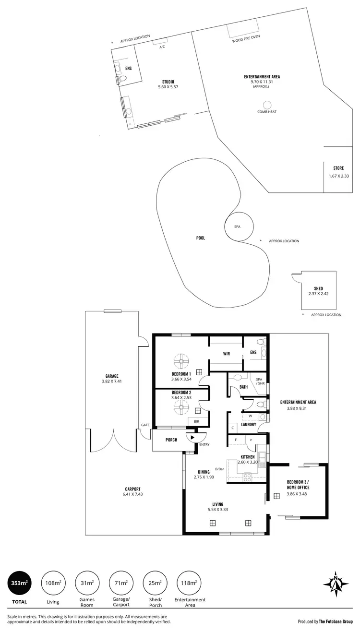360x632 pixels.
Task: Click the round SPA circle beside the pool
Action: click(x=237, y=227)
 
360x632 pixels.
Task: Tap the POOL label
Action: click(x=201, y=238)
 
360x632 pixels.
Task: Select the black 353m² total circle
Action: click(x=20, y=583)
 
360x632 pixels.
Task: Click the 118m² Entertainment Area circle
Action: click(x=189, y=583)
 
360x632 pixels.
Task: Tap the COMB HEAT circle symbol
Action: click(x=267, y=105)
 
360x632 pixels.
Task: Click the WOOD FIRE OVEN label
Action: click(x=246, y=36)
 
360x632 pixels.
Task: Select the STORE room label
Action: click(x=338, y=168)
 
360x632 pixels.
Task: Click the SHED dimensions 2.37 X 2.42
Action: click(x=318, y=293)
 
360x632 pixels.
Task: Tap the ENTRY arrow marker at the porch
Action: click(x=192, y=437)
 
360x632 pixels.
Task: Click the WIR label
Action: click(x=227, y=354)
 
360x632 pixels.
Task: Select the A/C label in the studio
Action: click(x=162, y=47)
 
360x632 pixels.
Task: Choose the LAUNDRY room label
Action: click(x=248, y=424)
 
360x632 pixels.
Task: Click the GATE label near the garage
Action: click(x=145, y=425)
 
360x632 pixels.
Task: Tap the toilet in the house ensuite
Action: click(x=261, y=343)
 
